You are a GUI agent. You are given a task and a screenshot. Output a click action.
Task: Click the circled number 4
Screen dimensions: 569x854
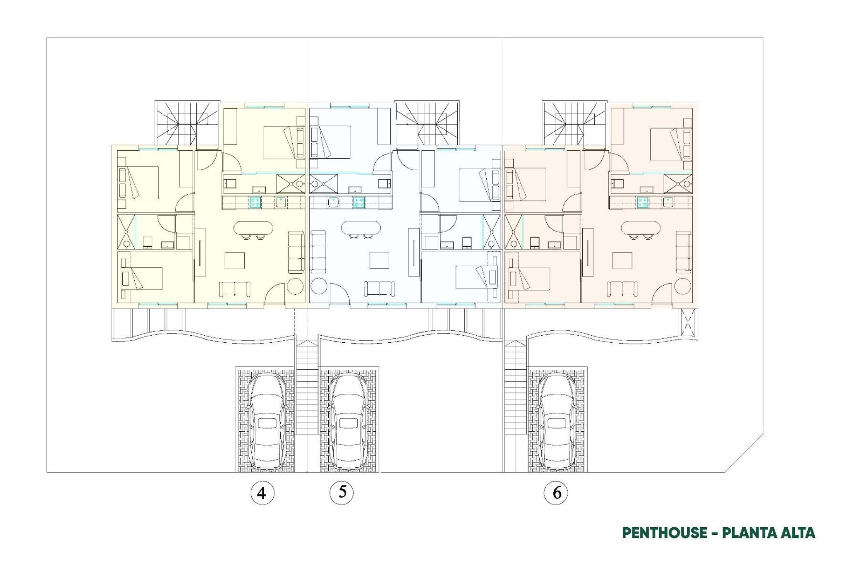262,493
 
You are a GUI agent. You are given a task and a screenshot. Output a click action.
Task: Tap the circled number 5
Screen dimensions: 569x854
342,492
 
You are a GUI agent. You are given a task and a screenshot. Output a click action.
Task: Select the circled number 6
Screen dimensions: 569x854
556,493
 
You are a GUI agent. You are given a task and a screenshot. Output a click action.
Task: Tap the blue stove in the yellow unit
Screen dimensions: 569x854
255,202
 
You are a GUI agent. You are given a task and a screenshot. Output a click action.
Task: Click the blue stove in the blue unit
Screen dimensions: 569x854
359,202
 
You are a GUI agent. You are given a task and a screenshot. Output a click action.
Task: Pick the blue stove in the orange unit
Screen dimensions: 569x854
642,202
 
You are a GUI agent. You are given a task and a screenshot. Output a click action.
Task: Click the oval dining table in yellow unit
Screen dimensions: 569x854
253,228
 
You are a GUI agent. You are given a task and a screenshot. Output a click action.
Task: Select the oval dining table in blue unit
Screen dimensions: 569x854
361,228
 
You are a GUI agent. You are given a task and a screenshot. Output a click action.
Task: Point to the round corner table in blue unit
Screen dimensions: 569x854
318,286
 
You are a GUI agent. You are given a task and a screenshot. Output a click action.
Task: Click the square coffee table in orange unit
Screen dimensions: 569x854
622,260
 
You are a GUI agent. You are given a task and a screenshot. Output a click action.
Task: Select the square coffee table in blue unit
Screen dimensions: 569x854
379,260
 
